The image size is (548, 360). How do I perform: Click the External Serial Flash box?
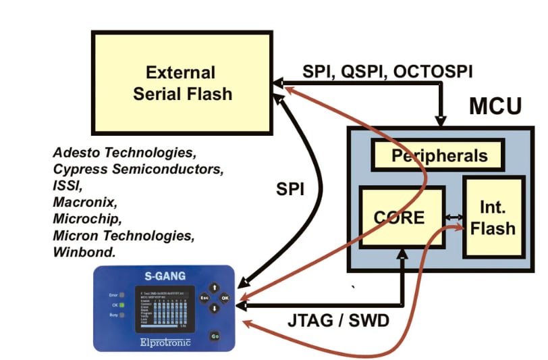(182, 82)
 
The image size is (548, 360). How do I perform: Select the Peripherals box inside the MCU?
(437, 156)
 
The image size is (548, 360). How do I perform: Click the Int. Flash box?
(493, 217)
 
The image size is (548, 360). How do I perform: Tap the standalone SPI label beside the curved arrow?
(290, 190)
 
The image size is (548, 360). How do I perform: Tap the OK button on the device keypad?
(225, 297)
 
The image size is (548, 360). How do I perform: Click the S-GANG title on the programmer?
(165, 276)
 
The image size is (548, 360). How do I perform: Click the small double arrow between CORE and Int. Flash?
(453, 217)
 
